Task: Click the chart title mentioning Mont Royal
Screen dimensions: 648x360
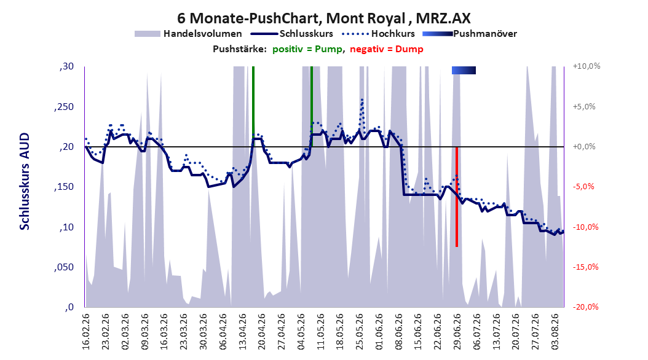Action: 323,18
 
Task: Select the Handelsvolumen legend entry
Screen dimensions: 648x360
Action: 188,34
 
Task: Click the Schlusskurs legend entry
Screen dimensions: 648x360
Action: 292,34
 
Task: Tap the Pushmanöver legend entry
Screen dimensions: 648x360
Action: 470,34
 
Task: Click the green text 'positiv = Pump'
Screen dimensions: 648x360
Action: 307,49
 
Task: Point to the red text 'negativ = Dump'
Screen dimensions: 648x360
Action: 387,49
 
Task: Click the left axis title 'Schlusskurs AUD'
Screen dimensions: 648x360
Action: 25,181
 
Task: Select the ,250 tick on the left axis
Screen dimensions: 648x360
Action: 64,106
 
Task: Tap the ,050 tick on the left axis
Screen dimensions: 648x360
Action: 64,267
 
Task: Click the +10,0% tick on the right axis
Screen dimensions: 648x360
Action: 587,66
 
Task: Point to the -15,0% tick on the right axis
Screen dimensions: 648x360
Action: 585,267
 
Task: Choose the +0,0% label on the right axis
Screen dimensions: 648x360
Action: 584,147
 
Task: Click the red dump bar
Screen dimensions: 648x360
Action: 457,197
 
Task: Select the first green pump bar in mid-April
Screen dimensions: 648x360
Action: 253,106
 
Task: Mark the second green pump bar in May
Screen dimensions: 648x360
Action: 312,106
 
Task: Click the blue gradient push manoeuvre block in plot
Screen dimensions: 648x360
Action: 464,71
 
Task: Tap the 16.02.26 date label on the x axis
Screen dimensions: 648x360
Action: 86,332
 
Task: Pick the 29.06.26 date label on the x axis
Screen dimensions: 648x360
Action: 457,332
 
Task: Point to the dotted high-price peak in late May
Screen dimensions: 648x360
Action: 362,100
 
